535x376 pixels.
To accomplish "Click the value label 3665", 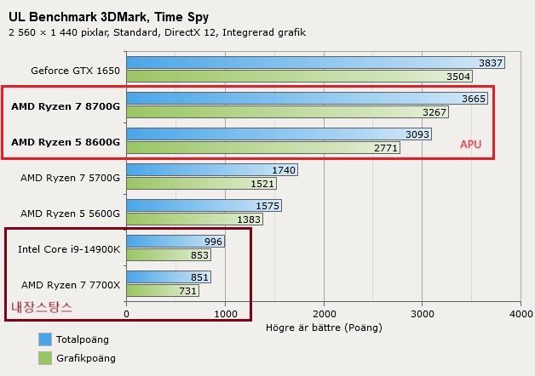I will [474, 99].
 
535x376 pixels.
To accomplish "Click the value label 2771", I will [386, 148].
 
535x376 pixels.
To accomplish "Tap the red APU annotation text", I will [471, 145].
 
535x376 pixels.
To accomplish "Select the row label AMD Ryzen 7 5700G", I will [71, 177].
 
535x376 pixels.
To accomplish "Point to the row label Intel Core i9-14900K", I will [69, 248].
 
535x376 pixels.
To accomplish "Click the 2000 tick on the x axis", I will [324, 313].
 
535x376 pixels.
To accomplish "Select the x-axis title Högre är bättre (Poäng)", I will [324, 327].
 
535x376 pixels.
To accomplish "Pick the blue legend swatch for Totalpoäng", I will [45, 339].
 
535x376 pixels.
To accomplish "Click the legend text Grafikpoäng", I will [87, 358].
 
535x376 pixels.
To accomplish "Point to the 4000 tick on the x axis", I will [520, 313].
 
